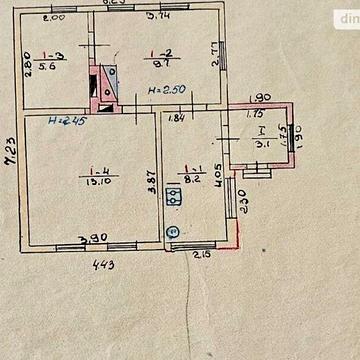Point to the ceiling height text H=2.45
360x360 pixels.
pyautogui.click(x=66, y=121)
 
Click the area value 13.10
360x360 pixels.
pyautogui.click(x=100, y=182)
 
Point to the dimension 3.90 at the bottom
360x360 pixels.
pyautogui.click(x=95, y=238)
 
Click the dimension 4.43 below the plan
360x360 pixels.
pyautogui.click(x=102, y=264)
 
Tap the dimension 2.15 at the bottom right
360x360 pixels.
pyautogui.click(x=200, y=253)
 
